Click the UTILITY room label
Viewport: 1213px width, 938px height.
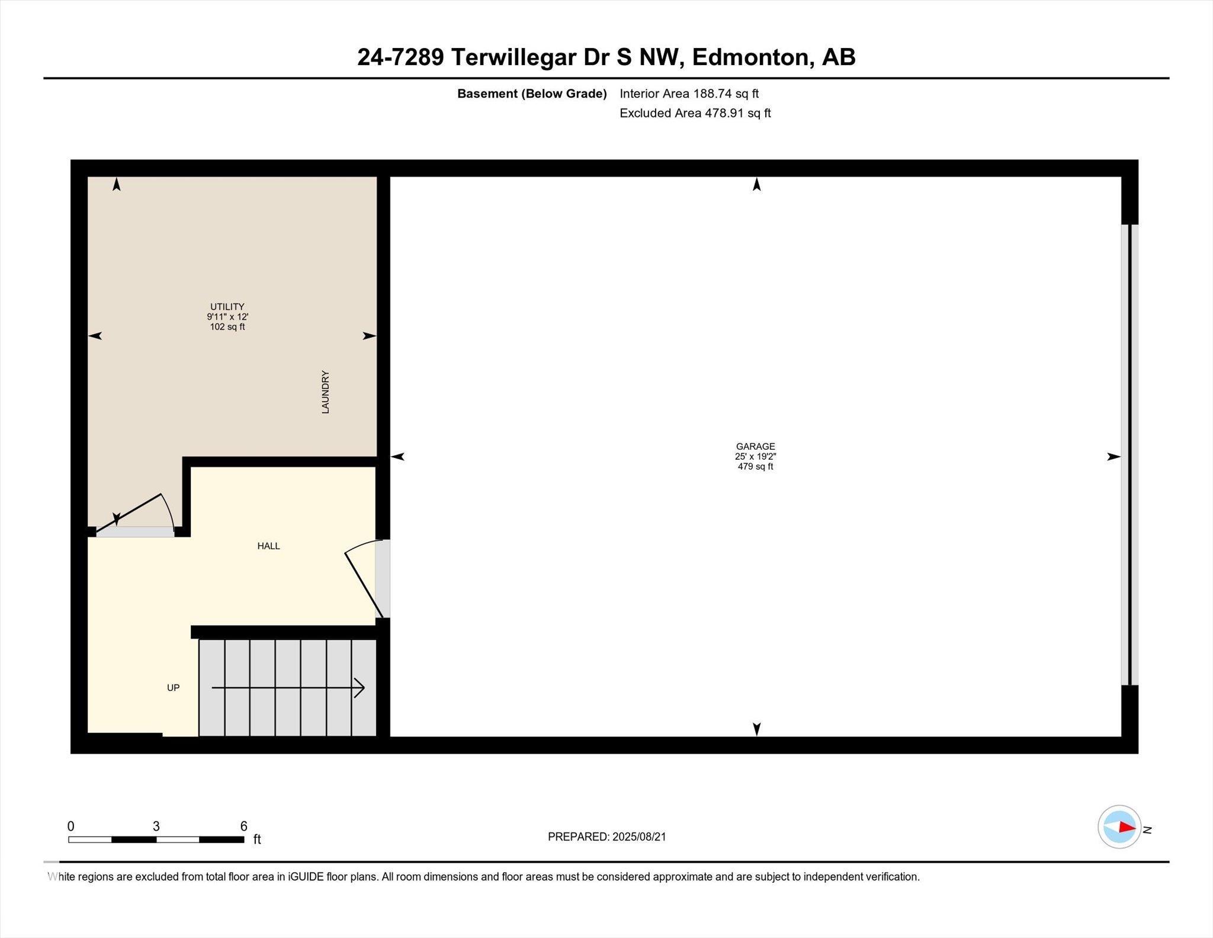coord(227,307)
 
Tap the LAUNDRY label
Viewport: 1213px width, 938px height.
coord(325,392)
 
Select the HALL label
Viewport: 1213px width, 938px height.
coord(268,546)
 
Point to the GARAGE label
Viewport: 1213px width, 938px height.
coord(755,446)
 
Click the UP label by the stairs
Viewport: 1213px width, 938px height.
coord(173,687)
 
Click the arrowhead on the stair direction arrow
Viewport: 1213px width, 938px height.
coord(360,688)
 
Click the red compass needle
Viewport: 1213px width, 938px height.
coord(1127,827)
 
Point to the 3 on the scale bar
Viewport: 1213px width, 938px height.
coord(156,826)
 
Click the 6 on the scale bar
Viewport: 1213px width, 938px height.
coord(243,826)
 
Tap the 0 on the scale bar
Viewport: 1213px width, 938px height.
coord(71,826)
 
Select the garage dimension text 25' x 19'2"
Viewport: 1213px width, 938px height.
coord(755,456)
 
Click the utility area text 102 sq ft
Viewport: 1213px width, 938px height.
coord(227,326)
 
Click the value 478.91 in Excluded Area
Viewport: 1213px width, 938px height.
coord(724,113)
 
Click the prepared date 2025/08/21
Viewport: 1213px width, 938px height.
coord(639,837)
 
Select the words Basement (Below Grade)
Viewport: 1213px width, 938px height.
coord(532,94)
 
